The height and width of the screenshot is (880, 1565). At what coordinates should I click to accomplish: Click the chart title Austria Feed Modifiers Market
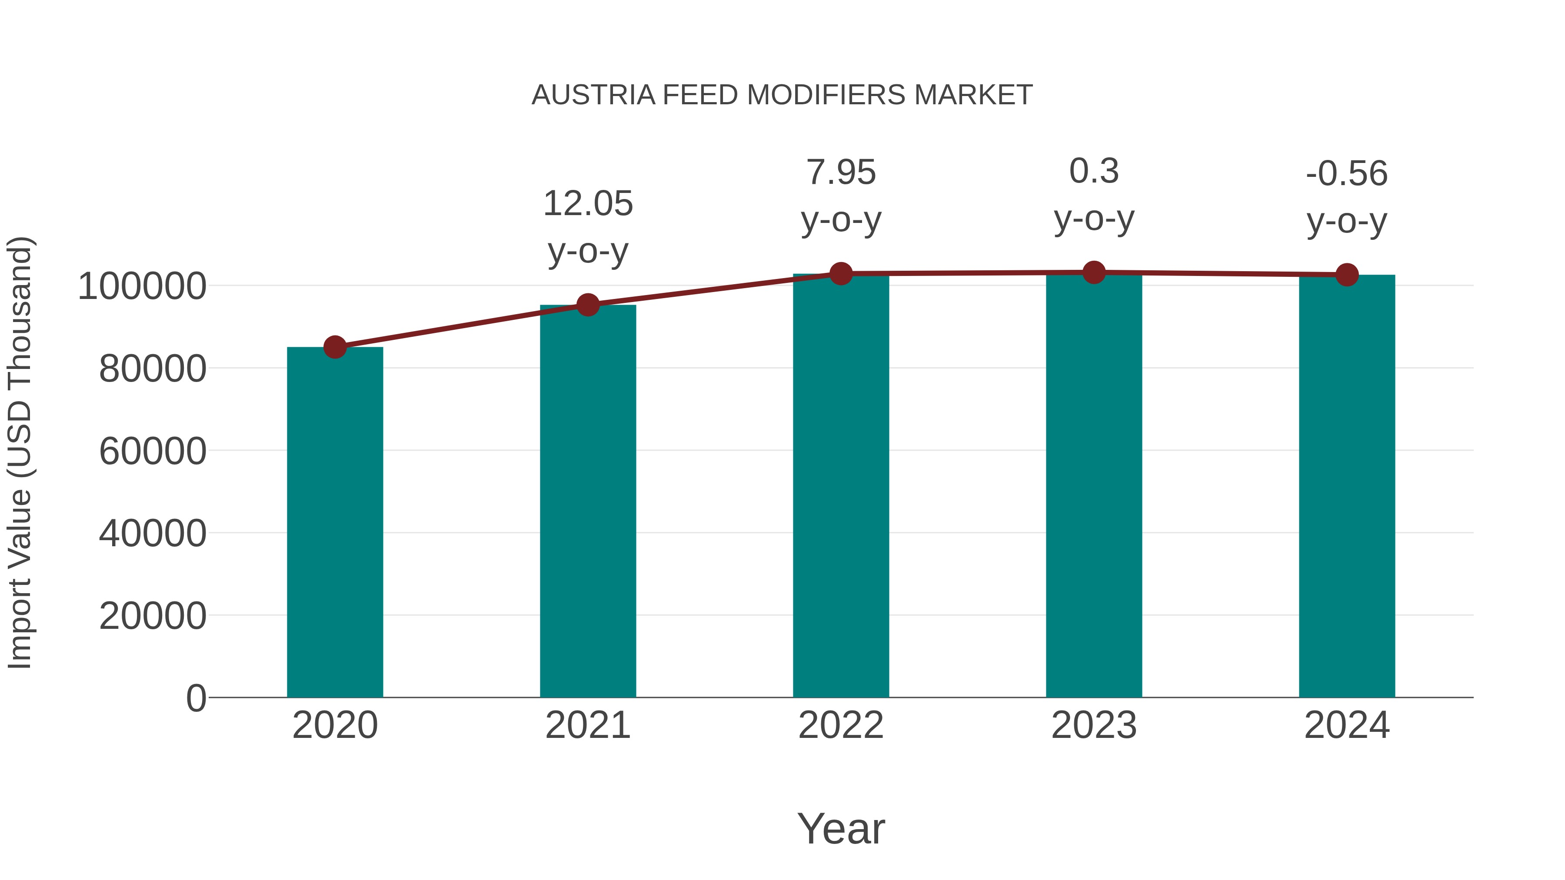[x=782, y=95]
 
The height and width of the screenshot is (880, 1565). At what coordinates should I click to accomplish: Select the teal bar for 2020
[x=335, y=522]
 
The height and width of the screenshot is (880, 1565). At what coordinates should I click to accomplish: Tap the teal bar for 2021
[x=587, y=501]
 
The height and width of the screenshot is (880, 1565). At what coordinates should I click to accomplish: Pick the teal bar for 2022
[x=841, y=486]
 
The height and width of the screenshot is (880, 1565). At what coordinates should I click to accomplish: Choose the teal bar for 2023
[x=1094, y=486]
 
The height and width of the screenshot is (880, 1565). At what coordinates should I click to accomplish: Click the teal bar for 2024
[x=1347, y=486]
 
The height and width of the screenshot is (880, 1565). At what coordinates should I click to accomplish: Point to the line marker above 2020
[x=335, y=347]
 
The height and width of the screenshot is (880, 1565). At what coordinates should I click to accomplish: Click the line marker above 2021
[x=587, y=305]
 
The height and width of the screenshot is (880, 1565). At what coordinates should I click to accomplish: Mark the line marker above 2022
[x=841, y=274]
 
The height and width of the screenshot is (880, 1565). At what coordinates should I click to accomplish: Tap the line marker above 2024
[x=1347, y=275]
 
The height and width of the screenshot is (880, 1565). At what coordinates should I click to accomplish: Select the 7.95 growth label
[x=841, y=173]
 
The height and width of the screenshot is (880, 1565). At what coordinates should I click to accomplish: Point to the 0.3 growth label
[x=1094, y=171]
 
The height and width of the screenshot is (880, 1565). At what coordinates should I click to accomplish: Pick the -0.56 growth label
[x=1347, y=174]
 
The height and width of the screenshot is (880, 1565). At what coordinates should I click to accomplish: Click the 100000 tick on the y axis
[x=142, y=286]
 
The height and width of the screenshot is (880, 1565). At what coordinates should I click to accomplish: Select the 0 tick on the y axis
[x=196, y=698]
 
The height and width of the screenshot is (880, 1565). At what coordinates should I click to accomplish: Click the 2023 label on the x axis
[x=1094, y=725]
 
